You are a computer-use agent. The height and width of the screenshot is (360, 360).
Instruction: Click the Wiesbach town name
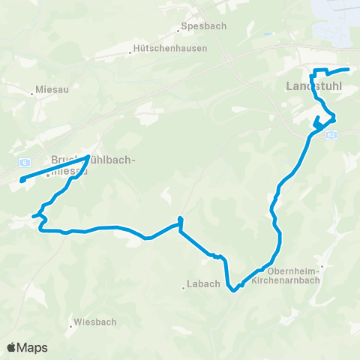[95, 322]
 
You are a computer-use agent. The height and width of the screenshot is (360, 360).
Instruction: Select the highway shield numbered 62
[332, 133]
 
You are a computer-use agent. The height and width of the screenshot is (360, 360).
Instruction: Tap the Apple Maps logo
[27, 347]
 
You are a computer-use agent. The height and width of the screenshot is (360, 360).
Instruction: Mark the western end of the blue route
[22, 180]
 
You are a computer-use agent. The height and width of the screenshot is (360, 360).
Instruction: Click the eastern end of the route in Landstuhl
[349, 70]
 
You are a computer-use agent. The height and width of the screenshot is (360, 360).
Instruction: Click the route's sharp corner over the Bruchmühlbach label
[89, 156]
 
